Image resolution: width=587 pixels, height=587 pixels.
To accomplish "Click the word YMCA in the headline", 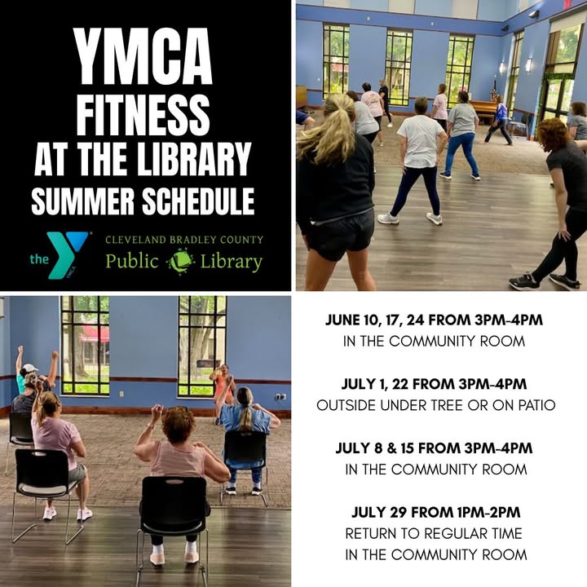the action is (143, 56).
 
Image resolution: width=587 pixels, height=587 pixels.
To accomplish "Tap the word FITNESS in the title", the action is (143, 115).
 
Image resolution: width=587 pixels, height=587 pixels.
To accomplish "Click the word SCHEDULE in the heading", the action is (198, 201).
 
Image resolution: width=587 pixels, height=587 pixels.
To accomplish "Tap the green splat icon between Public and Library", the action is (181, 262).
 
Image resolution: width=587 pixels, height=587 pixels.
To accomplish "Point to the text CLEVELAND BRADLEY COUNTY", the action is (184, 240).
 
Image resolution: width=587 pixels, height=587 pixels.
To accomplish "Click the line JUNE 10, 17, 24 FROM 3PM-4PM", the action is (435, 320).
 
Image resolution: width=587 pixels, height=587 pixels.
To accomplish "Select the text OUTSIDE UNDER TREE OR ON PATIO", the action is (435, 405).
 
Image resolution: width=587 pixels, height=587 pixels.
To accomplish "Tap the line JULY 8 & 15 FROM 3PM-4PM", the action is (435, 448).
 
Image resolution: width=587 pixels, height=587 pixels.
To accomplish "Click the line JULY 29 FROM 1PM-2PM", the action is (436, 512).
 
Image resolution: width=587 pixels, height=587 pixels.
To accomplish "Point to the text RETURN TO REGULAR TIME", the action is (434, 533).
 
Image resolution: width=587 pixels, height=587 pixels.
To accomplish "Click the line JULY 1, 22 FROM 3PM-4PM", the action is (435, 384).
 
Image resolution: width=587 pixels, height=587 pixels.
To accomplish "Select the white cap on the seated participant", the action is (29, 368).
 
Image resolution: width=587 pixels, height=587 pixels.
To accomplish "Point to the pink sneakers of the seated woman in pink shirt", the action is (68, 514).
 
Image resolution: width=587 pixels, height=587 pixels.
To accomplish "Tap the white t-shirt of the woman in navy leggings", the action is (421, 141).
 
